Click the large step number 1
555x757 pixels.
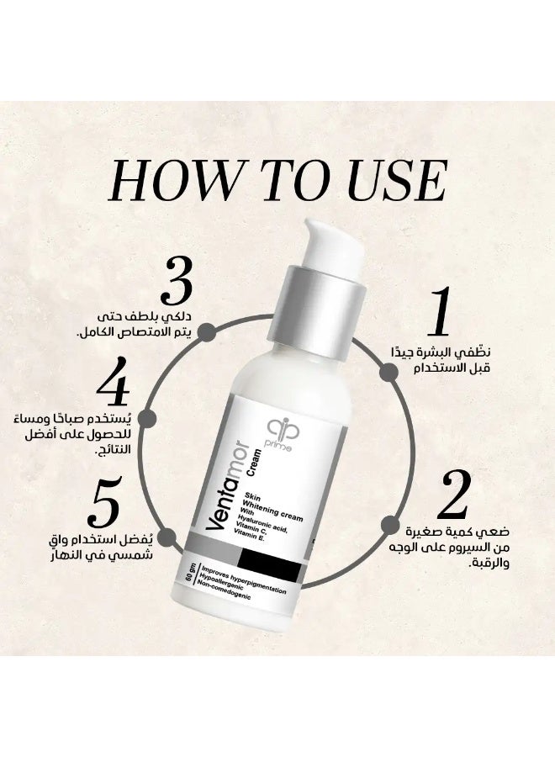pyautogui.click(x=439, y=310)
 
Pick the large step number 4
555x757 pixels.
pyautogui.click(x=113, y=381)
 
